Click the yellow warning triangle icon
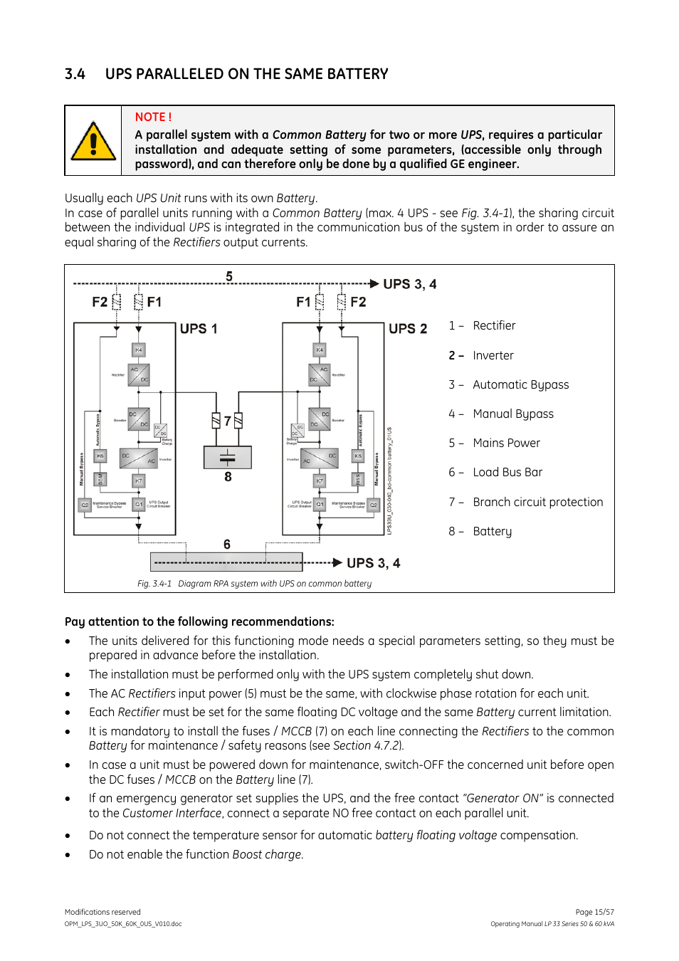93,141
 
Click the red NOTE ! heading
153,117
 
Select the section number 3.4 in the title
75,74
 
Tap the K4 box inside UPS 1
139,350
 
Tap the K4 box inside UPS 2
320,350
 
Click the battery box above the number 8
228,457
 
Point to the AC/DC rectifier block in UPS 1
139,374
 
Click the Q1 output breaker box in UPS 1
139,504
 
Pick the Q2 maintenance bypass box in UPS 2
373,504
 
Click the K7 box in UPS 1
139,481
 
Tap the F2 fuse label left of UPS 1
100,302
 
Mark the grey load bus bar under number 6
226,562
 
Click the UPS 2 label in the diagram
408,329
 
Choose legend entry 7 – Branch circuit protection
526,502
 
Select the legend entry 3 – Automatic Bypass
509,384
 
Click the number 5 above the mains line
229,276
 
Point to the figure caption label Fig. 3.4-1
154,584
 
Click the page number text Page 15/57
594,912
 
